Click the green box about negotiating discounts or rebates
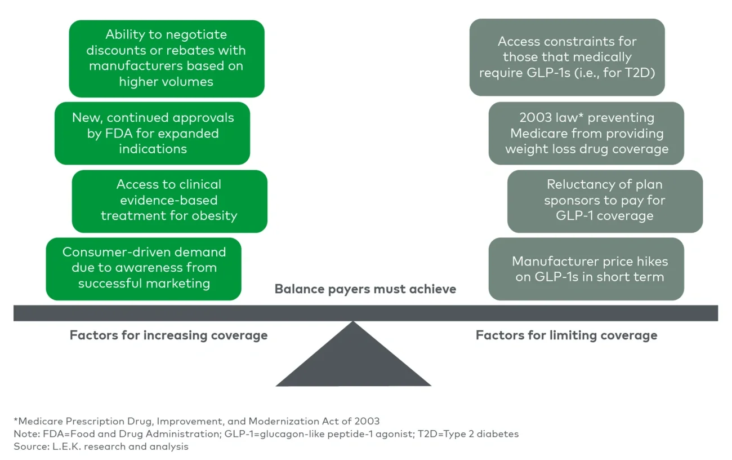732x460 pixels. pos(166,59)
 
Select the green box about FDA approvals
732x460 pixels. pos(152,133)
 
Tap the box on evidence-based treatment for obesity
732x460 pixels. pos(169,201)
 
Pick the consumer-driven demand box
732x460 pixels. pos(144,268)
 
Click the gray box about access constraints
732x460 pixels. pos(566,57)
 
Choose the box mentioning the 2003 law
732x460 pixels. pos(586,133)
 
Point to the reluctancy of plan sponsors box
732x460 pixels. pos(605,201)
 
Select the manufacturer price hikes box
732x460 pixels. pos(586,269)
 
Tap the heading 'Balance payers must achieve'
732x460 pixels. pos(365,289)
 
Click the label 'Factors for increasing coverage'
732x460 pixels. pos(168,335)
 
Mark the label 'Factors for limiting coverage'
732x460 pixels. pos(566,335)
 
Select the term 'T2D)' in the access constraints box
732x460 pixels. pos(640,73)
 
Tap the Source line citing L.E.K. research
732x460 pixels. pos(101,446)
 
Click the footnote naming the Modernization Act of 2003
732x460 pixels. pos(197,421)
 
